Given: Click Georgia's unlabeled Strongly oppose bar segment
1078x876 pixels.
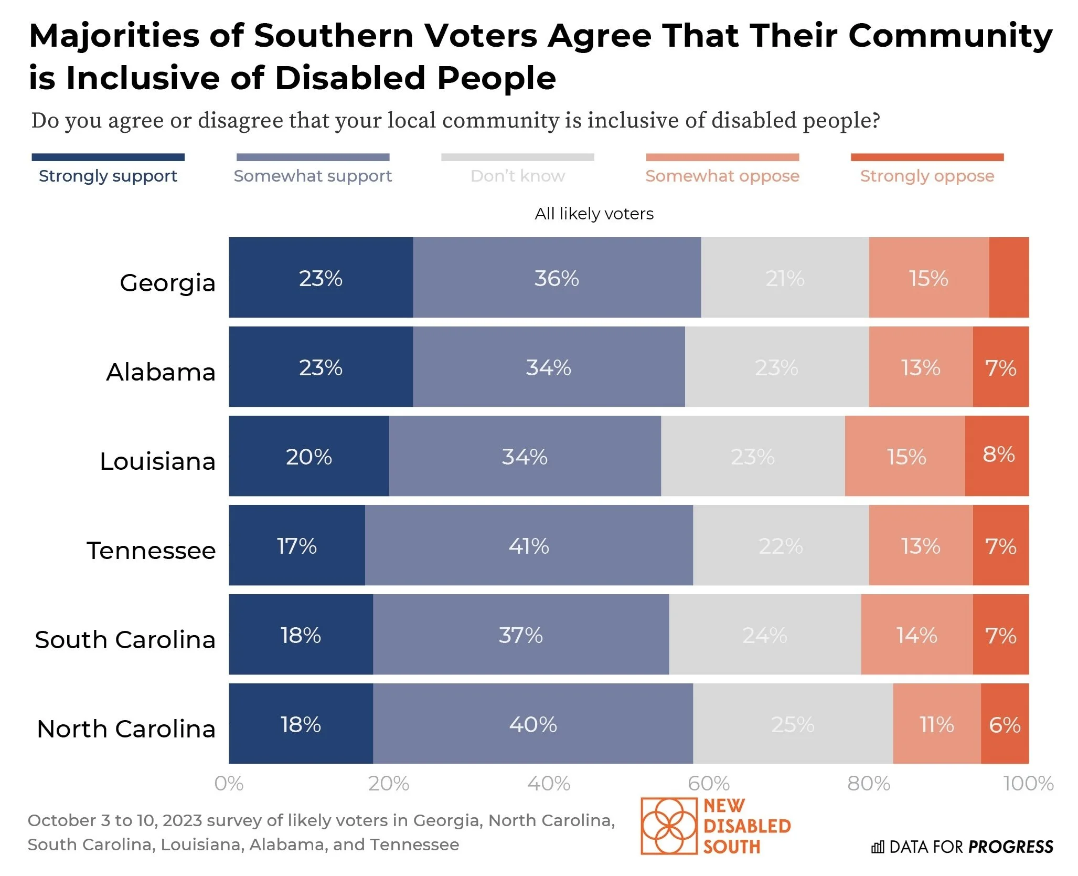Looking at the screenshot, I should (1008, 277).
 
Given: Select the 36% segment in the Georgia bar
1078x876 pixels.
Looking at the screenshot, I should (557, 277).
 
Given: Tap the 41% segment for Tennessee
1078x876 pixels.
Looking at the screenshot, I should (529, 545).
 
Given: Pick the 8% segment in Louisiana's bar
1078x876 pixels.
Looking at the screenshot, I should (997, 456).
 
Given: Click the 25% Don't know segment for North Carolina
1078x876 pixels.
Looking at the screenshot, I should (793, 724).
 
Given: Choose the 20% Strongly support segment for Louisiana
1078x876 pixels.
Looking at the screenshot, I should (308, 456).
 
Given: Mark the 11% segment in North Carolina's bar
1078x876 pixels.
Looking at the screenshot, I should (936, 724).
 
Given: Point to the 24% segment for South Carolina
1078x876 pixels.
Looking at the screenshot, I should (764, 635).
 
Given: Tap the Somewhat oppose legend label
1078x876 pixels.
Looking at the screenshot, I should (722, 176).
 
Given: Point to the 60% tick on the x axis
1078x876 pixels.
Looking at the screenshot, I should (708, 784).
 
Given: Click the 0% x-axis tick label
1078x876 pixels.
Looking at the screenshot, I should (229, 784).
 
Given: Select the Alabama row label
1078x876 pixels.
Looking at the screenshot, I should (161, 372).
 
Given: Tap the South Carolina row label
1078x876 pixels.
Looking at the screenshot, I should (125, 639).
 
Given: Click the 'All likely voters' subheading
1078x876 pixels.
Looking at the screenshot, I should (594, 214).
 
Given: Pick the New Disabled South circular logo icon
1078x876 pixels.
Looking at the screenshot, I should (669, 826).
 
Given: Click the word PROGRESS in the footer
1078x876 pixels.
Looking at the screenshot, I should (1010, 847).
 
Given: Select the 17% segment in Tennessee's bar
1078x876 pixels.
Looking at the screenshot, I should (296, 545).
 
